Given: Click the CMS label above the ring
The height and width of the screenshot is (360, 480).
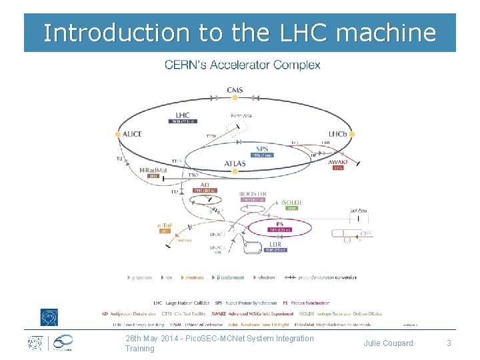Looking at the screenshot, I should tap(235, 90).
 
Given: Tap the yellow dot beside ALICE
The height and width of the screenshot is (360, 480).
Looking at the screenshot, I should tap(118, 134).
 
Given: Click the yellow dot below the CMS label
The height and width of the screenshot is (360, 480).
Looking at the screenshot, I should tap(235, 98).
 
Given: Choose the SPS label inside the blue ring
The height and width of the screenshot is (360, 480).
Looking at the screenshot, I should tap(263, 149).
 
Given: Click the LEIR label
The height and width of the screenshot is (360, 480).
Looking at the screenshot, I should tap(275, 244).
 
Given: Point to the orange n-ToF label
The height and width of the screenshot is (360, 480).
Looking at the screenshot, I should tap(165, 226).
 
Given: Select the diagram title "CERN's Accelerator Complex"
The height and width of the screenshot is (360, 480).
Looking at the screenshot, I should tap(243, 65).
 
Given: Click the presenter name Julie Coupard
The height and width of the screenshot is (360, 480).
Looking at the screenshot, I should tap(388, 343).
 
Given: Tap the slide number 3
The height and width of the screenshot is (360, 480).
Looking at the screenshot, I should tap(449, 343).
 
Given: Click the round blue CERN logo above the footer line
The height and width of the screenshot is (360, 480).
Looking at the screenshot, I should tap(49, 317).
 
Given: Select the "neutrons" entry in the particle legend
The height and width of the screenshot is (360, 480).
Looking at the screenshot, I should tap(195, 277).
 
